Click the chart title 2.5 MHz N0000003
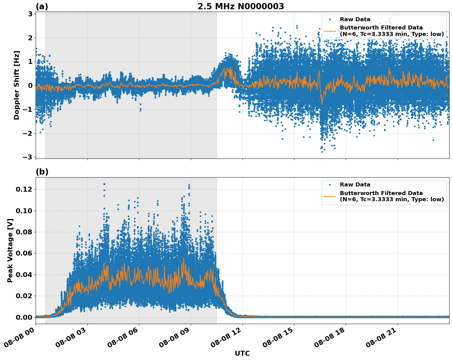point(241,6)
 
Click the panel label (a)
point(42,6)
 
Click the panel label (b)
point(42,172)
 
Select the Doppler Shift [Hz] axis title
point(17,85)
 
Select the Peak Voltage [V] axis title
point(10,250)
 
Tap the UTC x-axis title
point(242,353)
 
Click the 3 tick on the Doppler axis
point(30,14)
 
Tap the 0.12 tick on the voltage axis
point(24,190)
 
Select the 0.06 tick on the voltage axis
point(24,253)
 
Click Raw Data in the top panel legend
point(355,19)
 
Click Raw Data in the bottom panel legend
point(355,185)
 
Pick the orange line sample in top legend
point(330,31)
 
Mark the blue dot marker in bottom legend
point(330,185)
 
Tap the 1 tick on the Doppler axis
point(30,62)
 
